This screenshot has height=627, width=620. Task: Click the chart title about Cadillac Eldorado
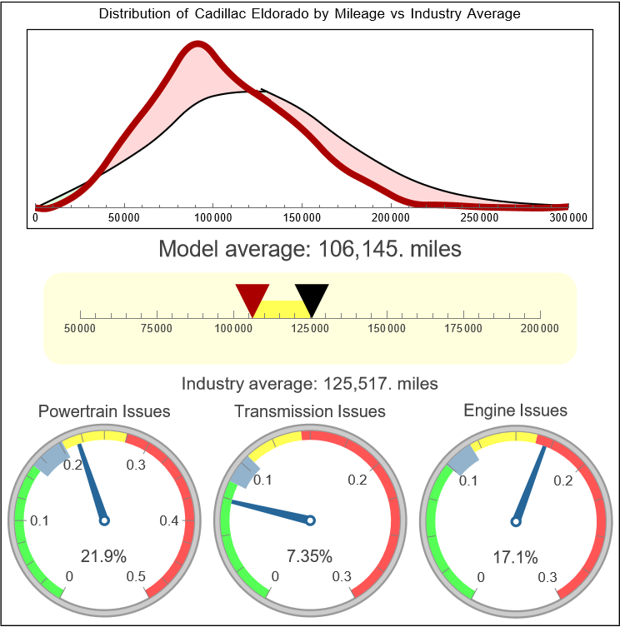309,14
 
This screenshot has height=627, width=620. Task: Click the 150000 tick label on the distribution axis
302,218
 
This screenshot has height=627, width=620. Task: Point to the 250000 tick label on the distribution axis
480,218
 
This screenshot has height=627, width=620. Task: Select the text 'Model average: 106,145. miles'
309,249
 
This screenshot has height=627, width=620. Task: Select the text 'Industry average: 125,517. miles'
309,384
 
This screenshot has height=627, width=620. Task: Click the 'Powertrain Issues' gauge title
104,411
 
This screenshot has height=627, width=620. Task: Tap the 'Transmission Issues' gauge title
310,411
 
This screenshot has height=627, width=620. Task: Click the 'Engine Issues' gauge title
515,411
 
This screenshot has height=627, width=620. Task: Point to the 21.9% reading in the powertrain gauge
104,555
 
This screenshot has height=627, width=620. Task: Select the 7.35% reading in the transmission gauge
310,555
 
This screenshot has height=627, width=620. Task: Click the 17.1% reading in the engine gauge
515,555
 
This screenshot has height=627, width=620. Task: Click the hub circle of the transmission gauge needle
310,520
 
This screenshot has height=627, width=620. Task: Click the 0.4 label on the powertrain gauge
169,521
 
